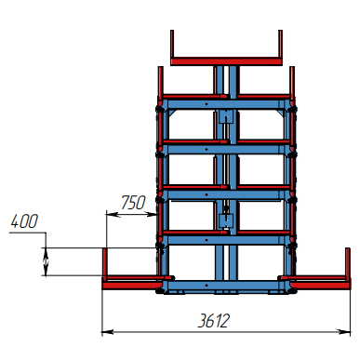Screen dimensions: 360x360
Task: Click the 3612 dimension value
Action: [214, 321]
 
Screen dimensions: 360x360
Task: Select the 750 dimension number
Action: [133, 203]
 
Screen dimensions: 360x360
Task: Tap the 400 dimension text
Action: [24, 221]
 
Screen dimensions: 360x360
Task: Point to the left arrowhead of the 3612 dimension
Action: [108, 332]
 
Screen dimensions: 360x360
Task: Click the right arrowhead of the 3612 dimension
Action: [345, 332]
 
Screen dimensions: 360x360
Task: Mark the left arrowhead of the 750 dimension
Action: [112, 214]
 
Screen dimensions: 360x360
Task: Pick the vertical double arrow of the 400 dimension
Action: [46, 261]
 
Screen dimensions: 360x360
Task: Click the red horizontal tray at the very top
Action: [226, 61]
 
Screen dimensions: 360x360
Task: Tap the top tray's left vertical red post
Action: [172, 44]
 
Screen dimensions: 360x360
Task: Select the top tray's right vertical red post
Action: [280, 44]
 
